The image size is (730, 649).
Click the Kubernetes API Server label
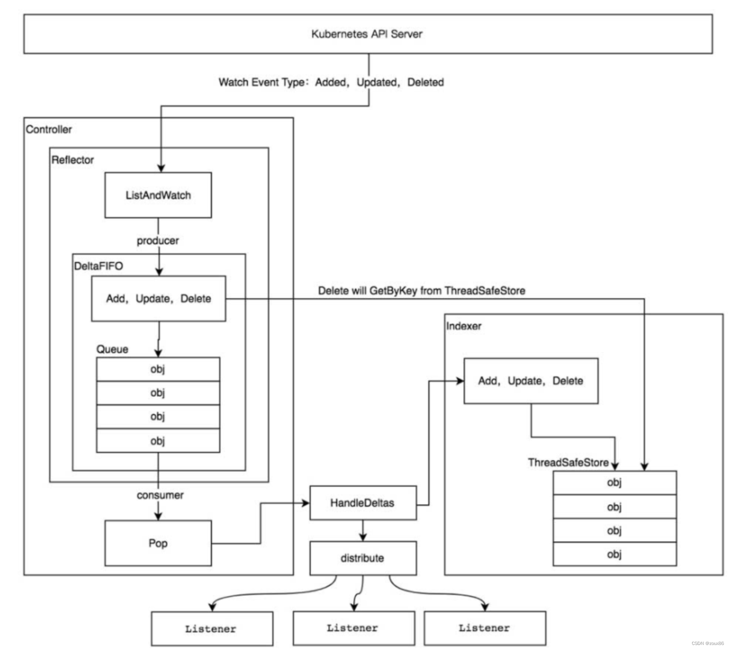tap(367, 34)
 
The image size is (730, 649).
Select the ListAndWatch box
tap(158, 195)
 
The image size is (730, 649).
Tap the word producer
tap(158, 241)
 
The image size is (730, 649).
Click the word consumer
tap(160, 495)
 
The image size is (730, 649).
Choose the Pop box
tap(158, 543)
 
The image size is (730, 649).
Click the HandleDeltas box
tap(363, 503)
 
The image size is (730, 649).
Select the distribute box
tap(363, 558)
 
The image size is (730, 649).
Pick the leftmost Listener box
tap(212, 628)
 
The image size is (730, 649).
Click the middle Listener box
tap(353, 628)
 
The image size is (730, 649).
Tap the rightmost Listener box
tap(485, 628)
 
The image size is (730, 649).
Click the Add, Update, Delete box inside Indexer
tap(531, 381)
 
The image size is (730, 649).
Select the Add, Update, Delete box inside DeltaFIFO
tap(159, 299)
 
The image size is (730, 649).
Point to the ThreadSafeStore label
tap(568, 463)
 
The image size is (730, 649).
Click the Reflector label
tap(72, 160)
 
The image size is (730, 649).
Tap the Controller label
tap(49, 130)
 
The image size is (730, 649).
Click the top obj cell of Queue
tap(158, 369)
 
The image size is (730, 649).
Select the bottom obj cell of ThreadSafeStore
tap(615, 554)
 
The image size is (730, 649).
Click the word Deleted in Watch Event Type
tap(425, 82)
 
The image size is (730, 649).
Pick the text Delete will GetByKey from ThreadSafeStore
tap(421, 291)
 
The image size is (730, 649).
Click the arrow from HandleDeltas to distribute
tap(363, 531)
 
